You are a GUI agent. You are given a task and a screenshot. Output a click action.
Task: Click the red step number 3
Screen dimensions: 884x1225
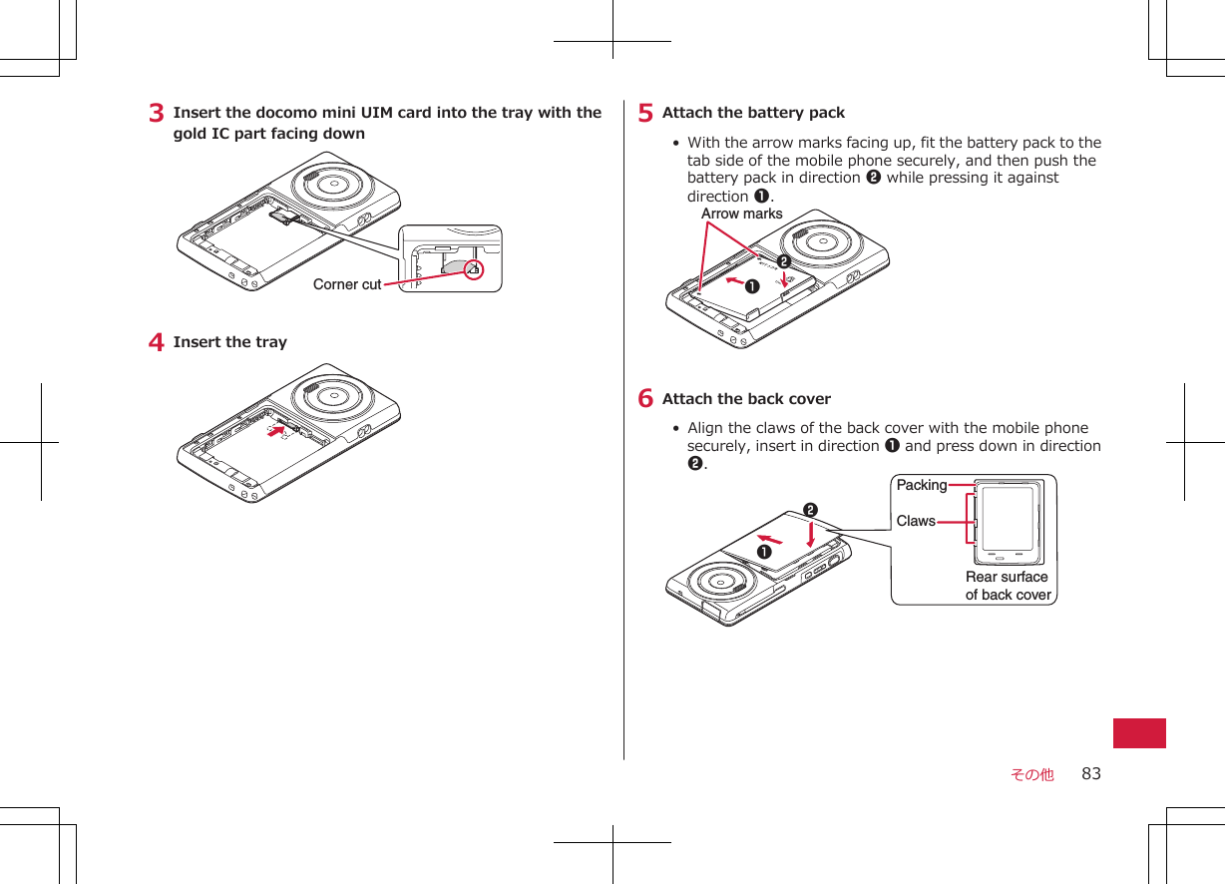[x=157, y=114]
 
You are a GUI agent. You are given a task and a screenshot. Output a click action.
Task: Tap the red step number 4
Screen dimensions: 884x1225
[x=157, y=343]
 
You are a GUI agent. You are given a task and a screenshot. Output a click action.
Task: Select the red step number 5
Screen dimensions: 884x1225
[x=646, y=114]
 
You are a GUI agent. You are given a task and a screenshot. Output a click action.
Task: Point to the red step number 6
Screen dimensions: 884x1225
[x=646, y=400]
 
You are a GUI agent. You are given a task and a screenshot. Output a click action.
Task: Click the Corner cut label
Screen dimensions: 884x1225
[x=347, y=284]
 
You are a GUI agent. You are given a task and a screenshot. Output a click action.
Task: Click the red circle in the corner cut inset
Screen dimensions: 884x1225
[x=473, y=269]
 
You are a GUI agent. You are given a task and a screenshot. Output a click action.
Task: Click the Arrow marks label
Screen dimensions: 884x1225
[x=741, y=214]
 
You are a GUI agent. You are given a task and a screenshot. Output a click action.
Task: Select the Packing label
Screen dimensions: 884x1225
[x=921, y=485]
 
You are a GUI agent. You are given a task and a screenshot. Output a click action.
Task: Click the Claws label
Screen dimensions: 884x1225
[x=916, y=521]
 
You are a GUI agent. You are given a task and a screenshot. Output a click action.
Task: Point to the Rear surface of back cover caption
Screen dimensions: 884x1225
[x=1008, y=586]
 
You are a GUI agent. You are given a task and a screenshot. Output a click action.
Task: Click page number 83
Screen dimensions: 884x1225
[x=1091, y=773]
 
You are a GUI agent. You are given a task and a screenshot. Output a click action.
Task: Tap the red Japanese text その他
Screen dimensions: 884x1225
[x=1031, y=774]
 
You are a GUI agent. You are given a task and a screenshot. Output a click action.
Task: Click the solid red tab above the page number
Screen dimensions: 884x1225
[x=1139, y=732]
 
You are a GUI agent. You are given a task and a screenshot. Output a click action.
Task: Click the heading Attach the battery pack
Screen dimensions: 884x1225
[x=753, y=113]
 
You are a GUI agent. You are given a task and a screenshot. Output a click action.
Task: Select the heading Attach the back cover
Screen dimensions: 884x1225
[x=746, y=399]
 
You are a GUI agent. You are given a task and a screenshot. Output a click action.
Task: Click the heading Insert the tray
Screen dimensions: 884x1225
[x=229, y=342]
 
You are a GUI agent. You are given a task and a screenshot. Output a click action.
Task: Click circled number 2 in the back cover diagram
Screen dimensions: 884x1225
[x=810, y=511]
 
